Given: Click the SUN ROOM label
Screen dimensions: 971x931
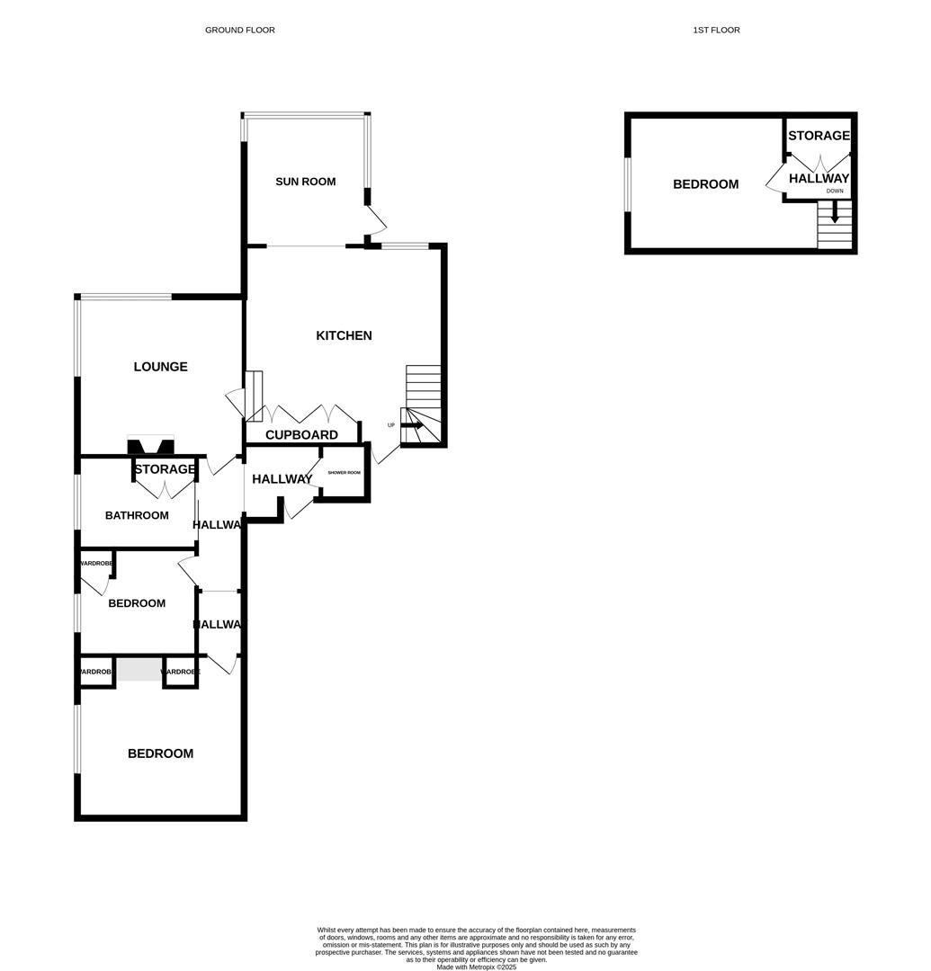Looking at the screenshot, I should click(x=305, y=182).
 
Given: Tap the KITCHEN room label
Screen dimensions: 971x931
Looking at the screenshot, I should click(x=344, y=335).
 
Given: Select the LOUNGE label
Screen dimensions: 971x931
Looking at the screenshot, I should click(x=160, y=367).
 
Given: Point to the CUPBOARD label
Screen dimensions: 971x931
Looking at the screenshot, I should click(x=301, y=435).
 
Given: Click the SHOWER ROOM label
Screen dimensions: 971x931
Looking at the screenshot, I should click(x=344, y=473).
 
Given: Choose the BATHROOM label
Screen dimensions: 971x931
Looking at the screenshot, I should click(x=137, y=515).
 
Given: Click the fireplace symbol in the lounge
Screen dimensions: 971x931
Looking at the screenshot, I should click(x=150, y=445).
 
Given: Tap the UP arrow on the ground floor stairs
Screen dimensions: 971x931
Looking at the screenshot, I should click(x=412, y=425).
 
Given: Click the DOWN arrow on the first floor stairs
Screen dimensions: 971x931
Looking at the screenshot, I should click(x=835, y=213).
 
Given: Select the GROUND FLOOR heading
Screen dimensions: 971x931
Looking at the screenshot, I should click(x=239, y=30).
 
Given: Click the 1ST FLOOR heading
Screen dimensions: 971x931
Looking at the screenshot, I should click(x=716, y=30).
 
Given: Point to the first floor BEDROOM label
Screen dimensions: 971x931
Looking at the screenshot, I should click(x=705, y=184).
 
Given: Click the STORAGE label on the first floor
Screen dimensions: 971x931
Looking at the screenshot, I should click(x=819, y=136).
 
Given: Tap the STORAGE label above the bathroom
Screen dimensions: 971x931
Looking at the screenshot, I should click(x=165, y=469).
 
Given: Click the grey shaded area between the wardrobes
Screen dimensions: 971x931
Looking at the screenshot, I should click(x=139, y=670).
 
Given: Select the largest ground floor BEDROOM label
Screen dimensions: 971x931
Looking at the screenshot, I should click(x=160, y=753).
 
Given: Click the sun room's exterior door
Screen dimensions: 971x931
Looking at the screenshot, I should click(x=376, y=218).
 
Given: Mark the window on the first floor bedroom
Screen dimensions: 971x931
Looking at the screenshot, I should click(x=628, y=184).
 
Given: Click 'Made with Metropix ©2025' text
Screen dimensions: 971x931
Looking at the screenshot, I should click(x=476, y=967).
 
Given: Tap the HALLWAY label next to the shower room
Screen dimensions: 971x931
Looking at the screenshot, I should click(x=282, y=479).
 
